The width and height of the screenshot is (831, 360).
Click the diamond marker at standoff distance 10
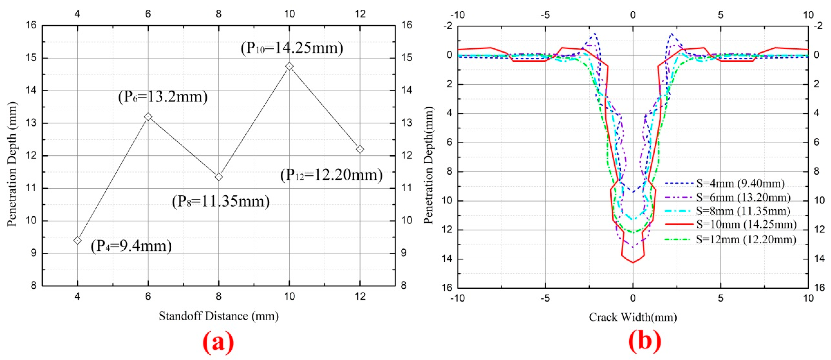click(x=289, y=66)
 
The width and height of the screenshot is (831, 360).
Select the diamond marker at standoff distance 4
click(x=77, y=240)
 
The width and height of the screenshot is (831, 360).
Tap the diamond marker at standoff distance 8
click(x=219, y=177)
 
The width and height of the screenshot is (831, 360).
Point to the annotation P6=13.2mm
click(x=163, y=97)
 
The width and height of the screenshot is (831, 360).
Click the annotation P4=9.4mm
click(x=131, y=246)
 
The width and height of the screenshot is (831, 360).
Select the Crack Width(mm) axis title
click(x=633, y=317)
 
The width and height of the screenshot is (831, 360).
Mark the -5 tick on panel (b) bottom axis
click(x=545, y=298)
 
